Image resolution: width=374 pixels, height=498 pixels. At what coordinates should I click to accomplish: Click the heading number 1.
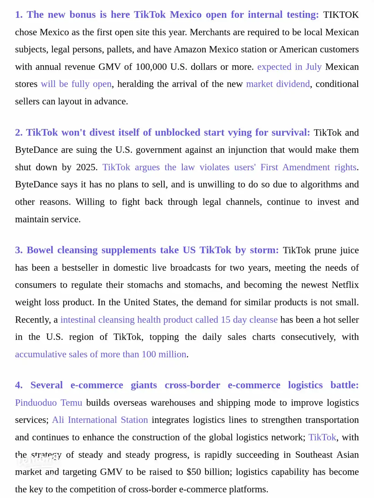tap(19, 15)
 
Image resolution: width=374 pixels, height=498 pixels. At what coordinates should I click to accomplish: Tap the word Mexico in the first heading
tap(186, 15)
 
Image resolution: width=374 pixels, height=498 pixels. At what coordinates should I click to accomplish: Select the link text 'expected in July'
tap(289, 67)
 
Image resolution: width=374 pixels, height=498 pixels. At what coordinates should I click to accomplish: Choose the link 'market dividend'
tap(278, 84)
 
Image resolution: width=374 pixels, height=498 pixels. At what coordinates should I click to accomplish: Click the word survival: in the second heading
tap(291, 132)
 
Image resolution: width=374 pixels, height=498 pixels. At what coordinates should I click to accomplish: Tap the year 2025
tap(87, 167)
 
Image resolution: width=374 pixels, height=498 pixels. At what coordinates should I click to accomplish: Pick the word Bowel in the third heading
tap(40, 250)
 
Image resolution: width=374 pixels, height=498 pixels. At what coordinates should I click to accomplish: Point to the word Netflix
tap(345, 285)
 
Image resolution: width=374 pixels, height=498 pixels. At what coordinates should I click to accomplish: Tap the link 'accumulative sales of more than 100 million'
tap(100, 354)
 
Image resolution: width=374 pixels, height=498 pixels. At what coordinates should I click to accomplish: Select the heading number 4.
tap(19, 385)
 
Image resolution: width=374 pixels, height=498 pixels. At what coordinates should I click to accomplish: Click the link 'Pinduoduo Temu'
tap(48, 403)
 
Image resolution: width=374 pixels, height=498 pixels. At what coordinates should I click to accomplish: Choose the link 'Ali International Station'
tap(100, 420)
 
